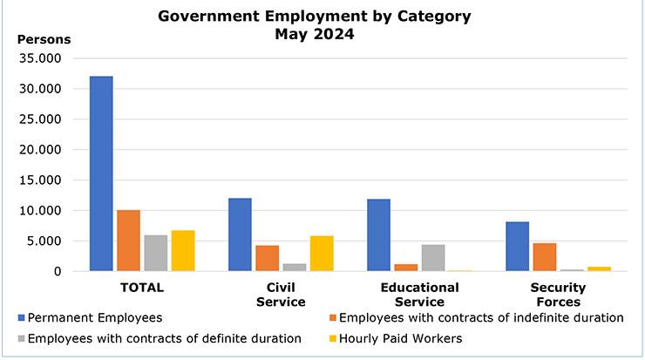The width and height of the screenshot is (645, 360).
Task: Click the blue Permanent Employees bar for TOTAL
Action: pos(101,173)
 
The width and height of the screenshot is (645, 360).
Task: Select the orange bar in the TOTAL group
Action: pos(128,241)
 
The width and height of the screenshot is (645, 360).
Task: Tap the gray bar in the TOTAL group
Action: pos(156,253)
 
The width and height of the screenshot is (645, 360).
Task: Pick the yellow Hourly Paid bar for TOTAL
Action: pos(183,251)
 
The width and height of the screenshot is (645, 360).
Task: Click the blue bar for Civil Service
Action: pos(240,234)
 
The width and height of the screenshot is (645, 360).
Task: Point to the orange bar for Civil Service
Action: pos(268,258)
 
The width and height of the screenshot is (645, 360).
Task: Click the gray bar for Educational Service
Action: pos(433,258)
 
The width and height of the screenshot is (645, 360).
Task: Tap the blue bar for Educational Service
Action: pos(378,235)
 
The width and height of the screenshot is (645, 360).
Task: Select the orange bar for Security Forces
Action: pos(545,257)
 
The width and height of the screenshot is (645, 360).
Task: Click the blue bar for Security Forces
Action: pos(517,247)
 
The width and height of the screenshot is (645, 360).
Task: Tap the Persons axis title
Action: pos(44,39)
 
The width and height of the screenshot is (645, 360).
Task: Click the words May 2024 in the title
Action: pos(315,35)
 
